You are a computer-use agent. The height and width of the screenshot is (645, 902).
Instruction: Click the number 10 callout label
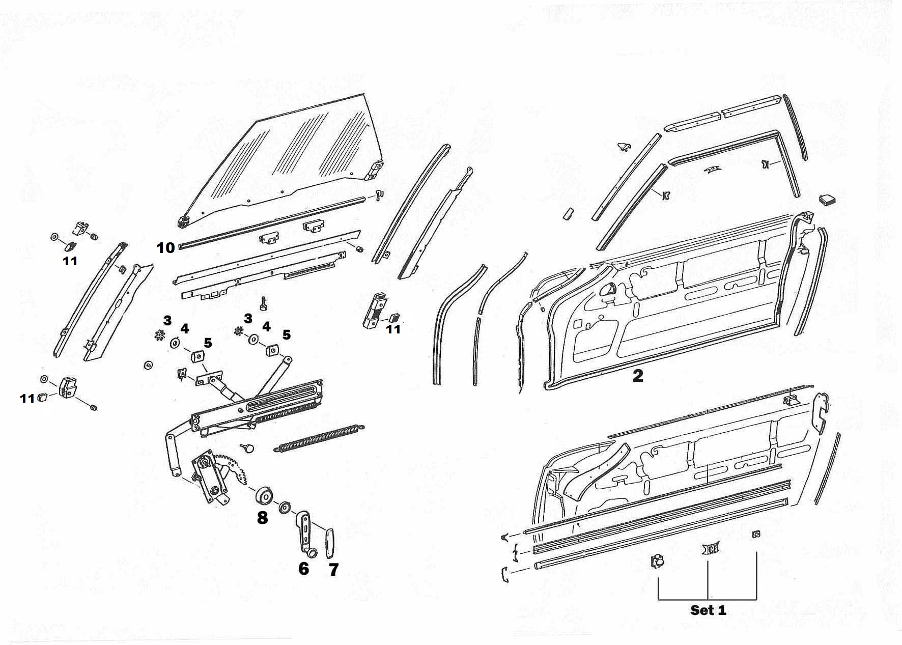click(166, 248)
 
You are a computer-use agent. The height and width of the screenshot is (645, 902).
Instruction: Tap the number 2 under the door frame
click(637, 376)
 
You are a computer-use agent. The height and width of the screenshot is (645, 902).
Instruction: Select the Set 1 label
click(708, 610)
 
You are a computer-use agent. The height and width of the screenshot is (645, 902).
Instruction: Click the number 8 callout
click(262, 518)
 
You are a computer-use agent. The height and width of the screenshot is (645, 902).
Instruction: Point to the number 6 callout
click(303, 568)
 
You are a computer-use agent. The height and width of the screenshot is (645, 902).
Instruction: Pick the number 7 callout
click(333, 569)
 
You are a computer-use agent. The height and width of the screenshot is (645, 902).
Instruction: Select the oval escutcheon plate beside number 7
click(329, 544)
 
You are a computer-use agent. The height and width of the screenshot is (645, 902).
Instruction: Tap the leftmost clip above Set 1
click(657, 562)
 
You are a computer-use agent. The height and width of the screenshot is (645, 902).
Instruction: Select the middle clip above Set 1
click(711, 548)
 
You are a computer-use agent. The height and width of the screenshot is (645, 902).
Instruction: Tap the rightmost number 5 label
click(287, 334)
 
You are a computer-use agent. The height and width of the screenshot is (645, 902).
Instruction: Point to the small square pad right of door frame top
click(826, 199)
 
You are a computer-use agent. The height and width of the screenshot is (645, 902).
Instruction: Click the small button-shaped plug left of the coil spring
click(248, 447)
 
